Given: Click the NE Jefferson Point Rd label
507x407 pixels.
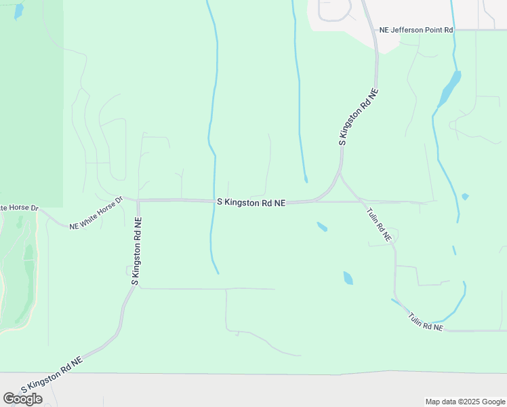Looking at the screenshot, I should [416, 31].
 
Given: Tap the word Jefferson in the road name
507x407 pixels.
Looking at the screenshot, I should [411, 31].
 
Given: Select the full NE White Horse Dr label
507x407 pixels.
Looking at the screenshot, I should [96, 213].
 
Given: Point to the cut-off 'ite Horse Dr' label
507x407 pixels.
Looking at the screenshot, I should [20, 207].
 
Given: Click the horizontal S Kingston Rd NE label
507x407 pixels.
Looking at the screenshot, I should [251, 202].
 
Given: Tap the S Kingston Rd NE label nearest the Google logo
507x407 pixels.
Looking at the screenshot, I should [52, 375].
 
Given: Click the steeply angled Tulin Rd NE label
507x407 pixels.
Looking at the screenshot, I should [379, 225].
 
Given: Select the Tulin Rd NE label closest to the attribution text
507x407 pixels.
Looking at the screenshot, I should [425, 322].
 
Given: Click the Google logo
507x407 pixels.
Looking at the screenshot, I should [22, 399].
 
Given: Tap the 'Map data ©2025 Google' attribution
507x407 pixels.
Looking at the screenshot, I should [466, 402].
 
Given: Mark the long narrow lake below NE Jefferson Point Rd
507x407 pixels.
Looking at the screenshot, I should [449, 89].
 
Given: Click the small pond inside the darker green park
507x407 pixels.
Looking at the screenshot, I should [18, 11].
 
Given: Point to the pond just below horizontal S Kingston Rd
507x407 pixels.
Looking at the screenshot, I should [322, 227].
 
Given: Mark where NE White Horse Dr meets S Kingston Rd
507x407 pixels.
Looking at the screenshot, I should [136, 200].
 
